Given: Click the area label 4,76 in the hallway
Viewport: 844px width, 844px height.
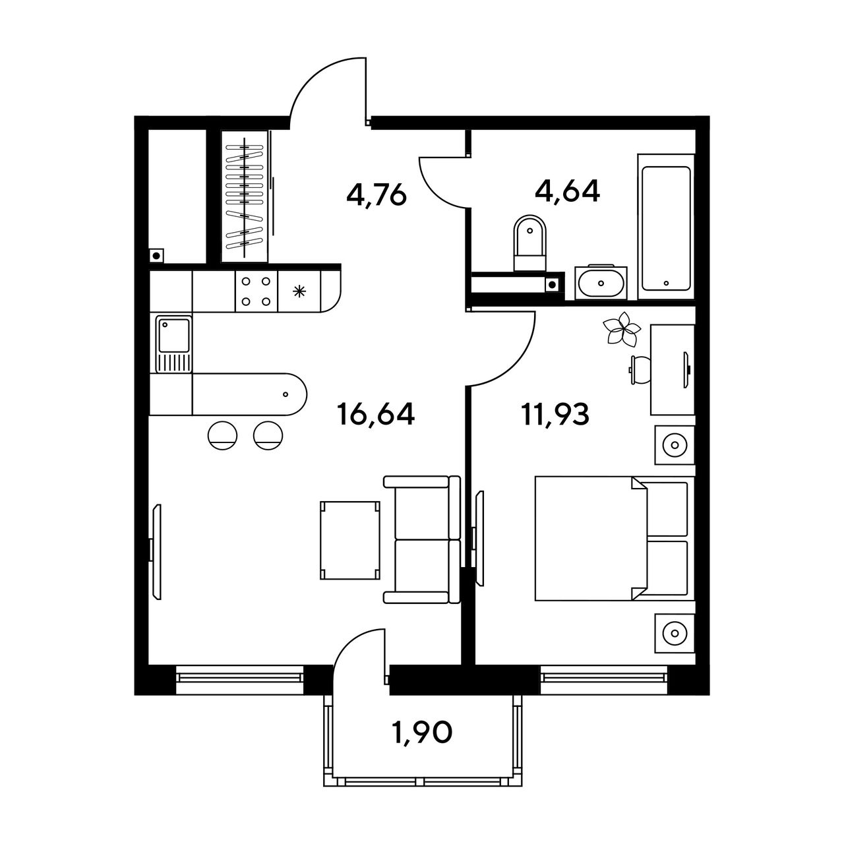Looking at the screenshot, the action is (x=377, y=195).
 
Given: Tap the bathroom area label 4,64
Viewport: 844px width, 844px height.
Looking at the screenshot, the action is (x=567, y=191).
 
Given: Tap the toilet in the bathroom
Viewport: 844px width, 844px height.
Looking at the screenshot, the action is (x=530, y=243).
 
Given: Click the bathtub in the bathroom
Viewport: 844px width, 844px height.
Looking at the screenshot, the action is (x=666, y=226).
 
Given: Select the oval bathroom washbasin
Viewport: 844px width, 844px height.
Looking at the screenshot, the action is (x=601, y=282).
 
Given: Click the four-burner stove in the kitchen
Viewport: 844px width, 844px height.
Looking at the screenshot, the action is (x=256, y=291).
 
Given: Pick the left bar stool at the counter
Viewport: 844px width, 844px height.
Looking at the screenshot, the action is (x=222, y=435).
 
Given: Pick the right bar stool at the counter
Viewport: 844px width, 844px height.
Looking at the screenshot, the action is (x=268, y=435).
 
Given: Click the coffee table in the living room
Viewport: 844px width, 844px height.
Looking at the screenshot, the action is (x=350, y=541).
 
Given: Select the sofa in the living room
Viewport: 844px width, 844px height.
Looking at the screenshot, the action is (x=422, y=539).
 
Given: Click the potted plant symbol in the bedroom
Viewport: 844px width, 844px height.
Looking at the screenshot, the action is (x=622, y=328).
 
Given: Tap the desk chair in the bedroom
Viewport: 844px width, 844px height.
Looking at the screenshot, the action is (x=640, y=370).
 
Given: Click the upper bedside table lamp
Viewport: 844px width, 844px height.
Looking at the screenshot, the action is (x=675, y=445).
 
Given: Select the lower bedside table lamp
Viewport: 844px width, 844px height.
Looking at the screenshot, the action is (x=675, y=633).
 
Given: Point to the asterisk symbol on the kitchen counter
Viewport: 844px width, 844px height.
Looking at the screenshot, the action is (x=299, y=291).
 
